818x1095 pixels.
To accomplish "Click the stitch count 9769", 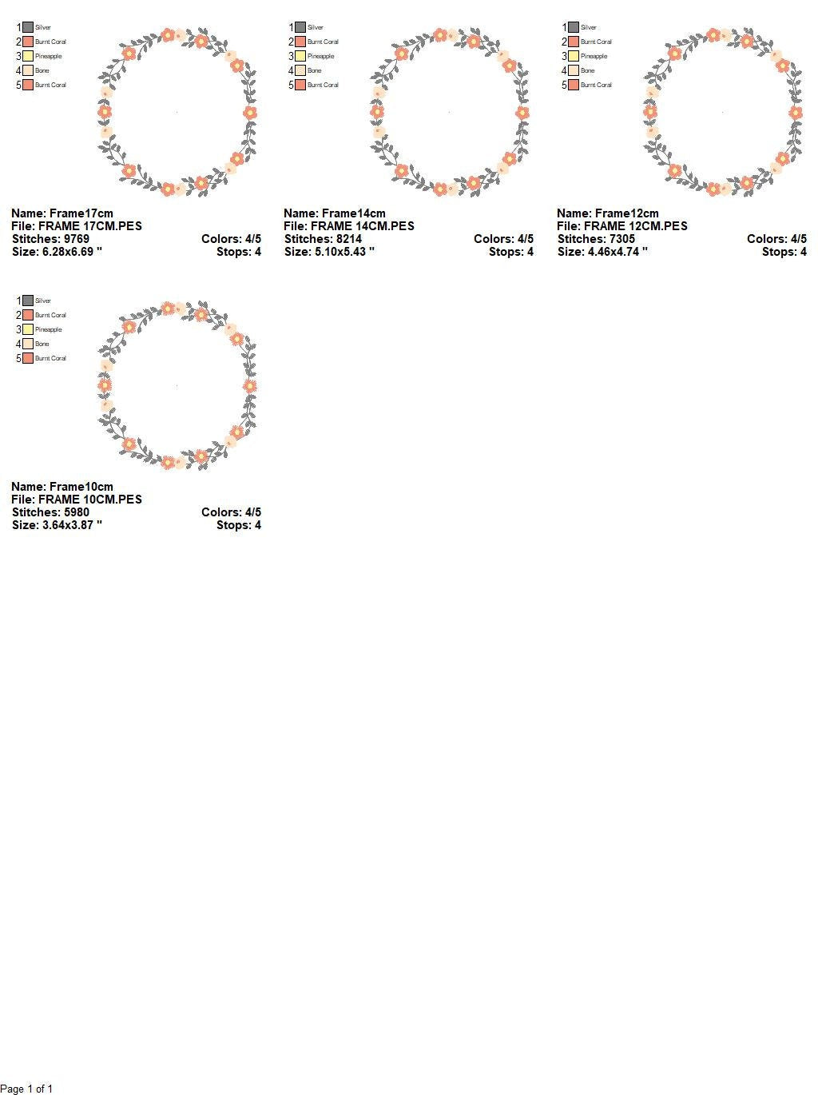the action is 76,239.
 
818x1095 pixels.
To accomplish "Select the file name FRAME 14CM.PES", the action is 363,226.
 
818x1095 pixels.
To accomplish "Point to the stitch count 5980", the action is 76,512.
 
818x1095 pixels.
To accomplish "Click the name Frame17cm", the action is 81,213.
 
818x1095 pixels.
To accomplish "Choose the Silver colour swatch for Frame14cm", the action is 300,27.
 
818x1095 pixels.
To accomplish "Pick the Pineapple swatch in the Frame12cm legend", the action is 574,56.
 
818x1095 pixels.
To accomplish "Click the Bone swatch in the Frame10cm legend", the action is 28,344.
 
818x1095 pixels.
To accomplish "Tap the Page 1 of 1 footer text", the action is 26,1089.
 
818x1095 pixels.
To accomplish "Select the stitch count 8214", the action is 349,239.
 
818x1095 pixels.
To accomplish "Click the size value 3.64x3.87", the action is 68,525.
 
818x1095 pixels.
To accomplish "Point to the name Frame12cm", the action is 626,213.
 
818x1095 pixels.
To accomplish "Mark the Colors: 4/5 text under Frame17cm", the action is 232,239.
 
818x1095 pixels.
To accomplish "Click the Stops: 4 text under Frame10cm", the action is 239,525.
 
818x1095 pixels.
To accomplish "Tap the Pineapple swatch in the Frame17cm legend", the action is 28,56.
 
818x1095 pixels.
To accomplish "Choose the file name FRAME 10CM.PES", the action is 90,500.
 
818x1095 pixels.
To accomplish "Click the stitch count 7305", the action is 621,239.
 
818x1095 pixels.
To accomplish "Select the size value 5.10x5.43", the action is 340,252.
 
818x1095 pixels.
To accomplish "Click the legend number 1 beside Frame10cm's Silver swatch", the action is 19,301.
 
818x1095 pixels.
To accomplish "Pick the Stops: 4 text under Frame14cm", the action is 511,252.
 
